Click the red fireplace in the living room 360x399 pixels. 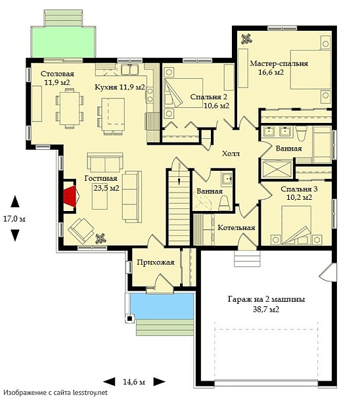[70, 195]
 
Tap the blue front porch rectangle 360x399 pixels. [162, 306]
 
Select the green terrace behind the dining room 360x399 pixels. [63, 41]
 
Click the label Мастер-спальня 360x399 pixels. [279, 63]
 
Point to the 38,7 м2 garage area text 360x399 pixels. [266, 310]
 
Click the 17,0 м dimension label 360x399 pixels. [14, 219]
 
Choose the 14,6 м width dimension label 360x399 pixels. [134, 382]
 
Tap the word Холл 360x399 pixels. [231, 153]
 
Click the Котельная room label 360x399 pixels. [236, 227]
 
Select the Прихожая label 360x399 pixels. [156, 262]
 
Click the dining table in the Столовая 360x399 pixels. [70, 108]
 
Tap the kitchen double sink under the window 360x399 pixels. [129, 70]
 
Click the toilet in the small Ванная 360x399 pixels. [225, 202]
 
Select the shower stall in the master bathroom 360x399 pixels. [277, 169]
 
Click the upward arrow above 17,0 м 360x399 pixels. [15, 201]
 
